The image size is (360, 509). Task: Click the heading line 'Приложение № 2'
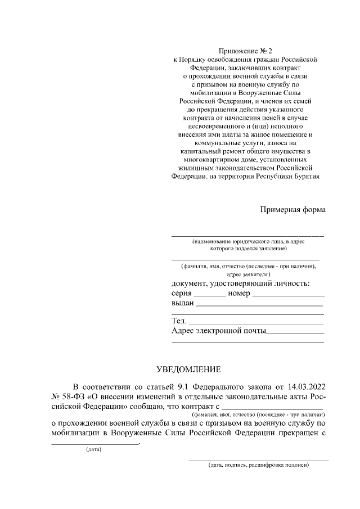click(x=247, y=50)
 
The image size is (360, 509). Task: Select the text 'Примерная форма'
click(x=292, y=210)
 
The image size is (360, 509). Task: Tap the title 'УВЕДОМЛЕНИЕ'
click(x=188, y=369)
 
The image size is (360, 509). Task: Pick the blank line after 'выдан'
click(x=259, y=304)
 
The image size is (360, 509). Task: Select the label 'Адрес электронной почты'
click(x=218, y=331)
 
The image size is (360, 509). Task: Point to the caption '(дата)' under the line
click(x=93, y=450)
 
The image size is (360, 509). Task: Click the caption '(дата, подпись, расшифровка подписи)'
click(x=258, y=466)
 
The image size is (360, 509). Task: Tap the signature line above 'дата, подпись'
click(x=258, y=460)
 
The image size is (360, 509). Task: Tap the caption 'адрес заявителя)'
click(x=248, y=274)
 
